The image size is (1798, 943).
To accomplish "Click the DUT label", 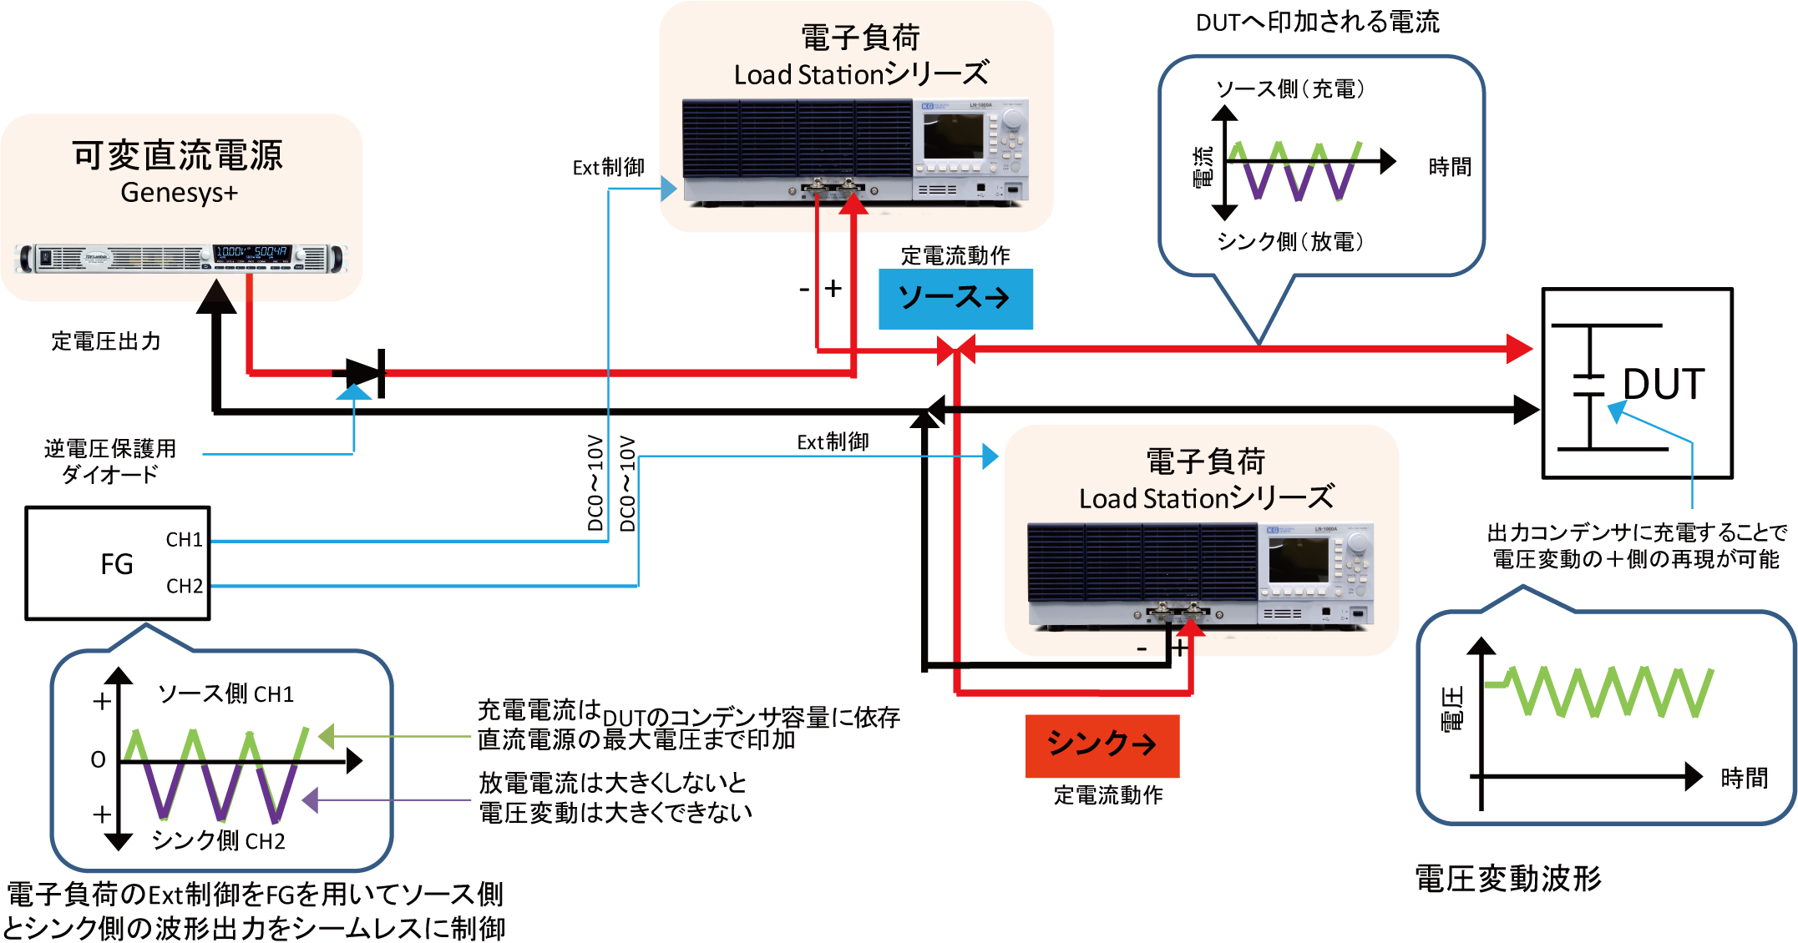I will click(1663, 385).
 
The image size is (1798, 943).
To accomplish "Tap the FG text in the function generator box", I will click(117, 565).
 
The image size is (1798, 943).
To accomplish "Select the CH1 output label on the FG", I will click(184, 540).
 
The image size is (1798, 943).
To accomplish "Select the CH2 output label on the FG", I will click(184, 586).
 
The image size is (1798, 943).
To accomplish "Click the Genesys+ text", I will click(179, 193).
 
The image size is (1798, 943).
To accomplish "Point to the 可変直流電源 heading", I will click(177, 156).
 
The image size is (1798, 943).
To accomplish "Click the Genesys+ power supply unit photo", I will click(180, 258).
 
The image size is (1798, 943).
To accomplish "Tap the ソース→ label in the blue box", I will click(953, 298).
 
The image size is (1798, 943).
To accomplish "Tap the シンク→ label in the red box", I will click(1101, 743).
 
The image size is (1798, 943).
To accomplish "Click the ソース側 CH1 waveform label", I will click(225, 694).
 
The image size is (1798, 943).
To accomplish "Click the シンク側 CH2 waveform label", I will click(218, 840).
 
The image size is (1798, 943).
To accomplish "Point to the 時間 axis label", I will click(1744, 779).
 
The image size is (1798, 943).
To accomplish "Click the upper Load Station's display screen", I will click(953, 136).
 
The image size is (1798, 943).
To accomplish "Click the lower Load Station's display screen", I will click(1298, 560).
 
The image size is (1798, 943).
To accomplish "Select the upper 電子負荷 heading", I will click(860, 38).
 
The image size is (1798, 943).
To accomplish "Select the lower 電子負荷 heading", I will click(1205, 461).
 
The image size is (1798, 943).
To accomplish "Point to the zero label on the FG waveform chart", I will click(99, 759).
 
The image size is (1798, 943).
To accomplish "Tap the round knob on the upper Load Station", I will click(1012, 121).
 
